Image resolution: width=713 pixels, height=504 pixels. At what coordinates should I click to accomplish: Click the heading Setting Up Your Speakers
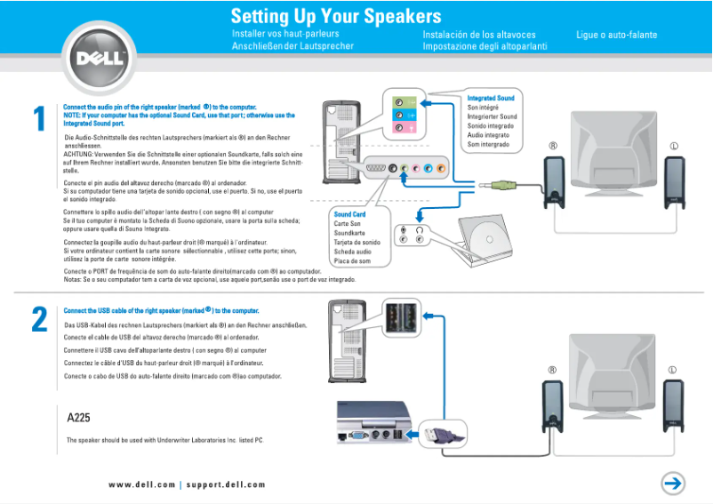point(335,17)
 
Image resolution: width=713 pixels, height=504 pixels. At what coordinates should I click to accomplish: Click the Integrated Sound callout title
point(491,98)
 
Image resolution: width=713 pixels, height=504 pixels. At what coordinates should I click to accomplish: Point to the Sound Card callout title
point(349,214)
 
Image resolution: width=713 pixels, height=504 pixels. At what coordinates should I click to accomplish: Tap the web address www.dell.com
point(141,484)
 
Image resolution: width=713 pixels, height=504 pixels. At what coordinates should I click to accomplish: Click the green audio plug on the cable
point(503,186)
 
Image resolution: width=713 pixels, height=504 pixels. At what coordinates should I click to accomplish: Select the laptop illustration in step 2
point(374,420)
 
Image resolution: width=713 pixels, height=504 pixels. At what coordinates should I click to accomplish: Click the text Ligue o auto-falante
point(616,35)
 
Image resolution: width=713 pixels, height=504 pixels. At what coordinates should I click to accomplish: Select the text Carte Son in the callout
point(348,224)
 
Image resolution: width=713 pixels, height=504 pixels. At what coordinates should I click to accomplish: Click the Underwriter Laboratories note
point(164,440)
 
